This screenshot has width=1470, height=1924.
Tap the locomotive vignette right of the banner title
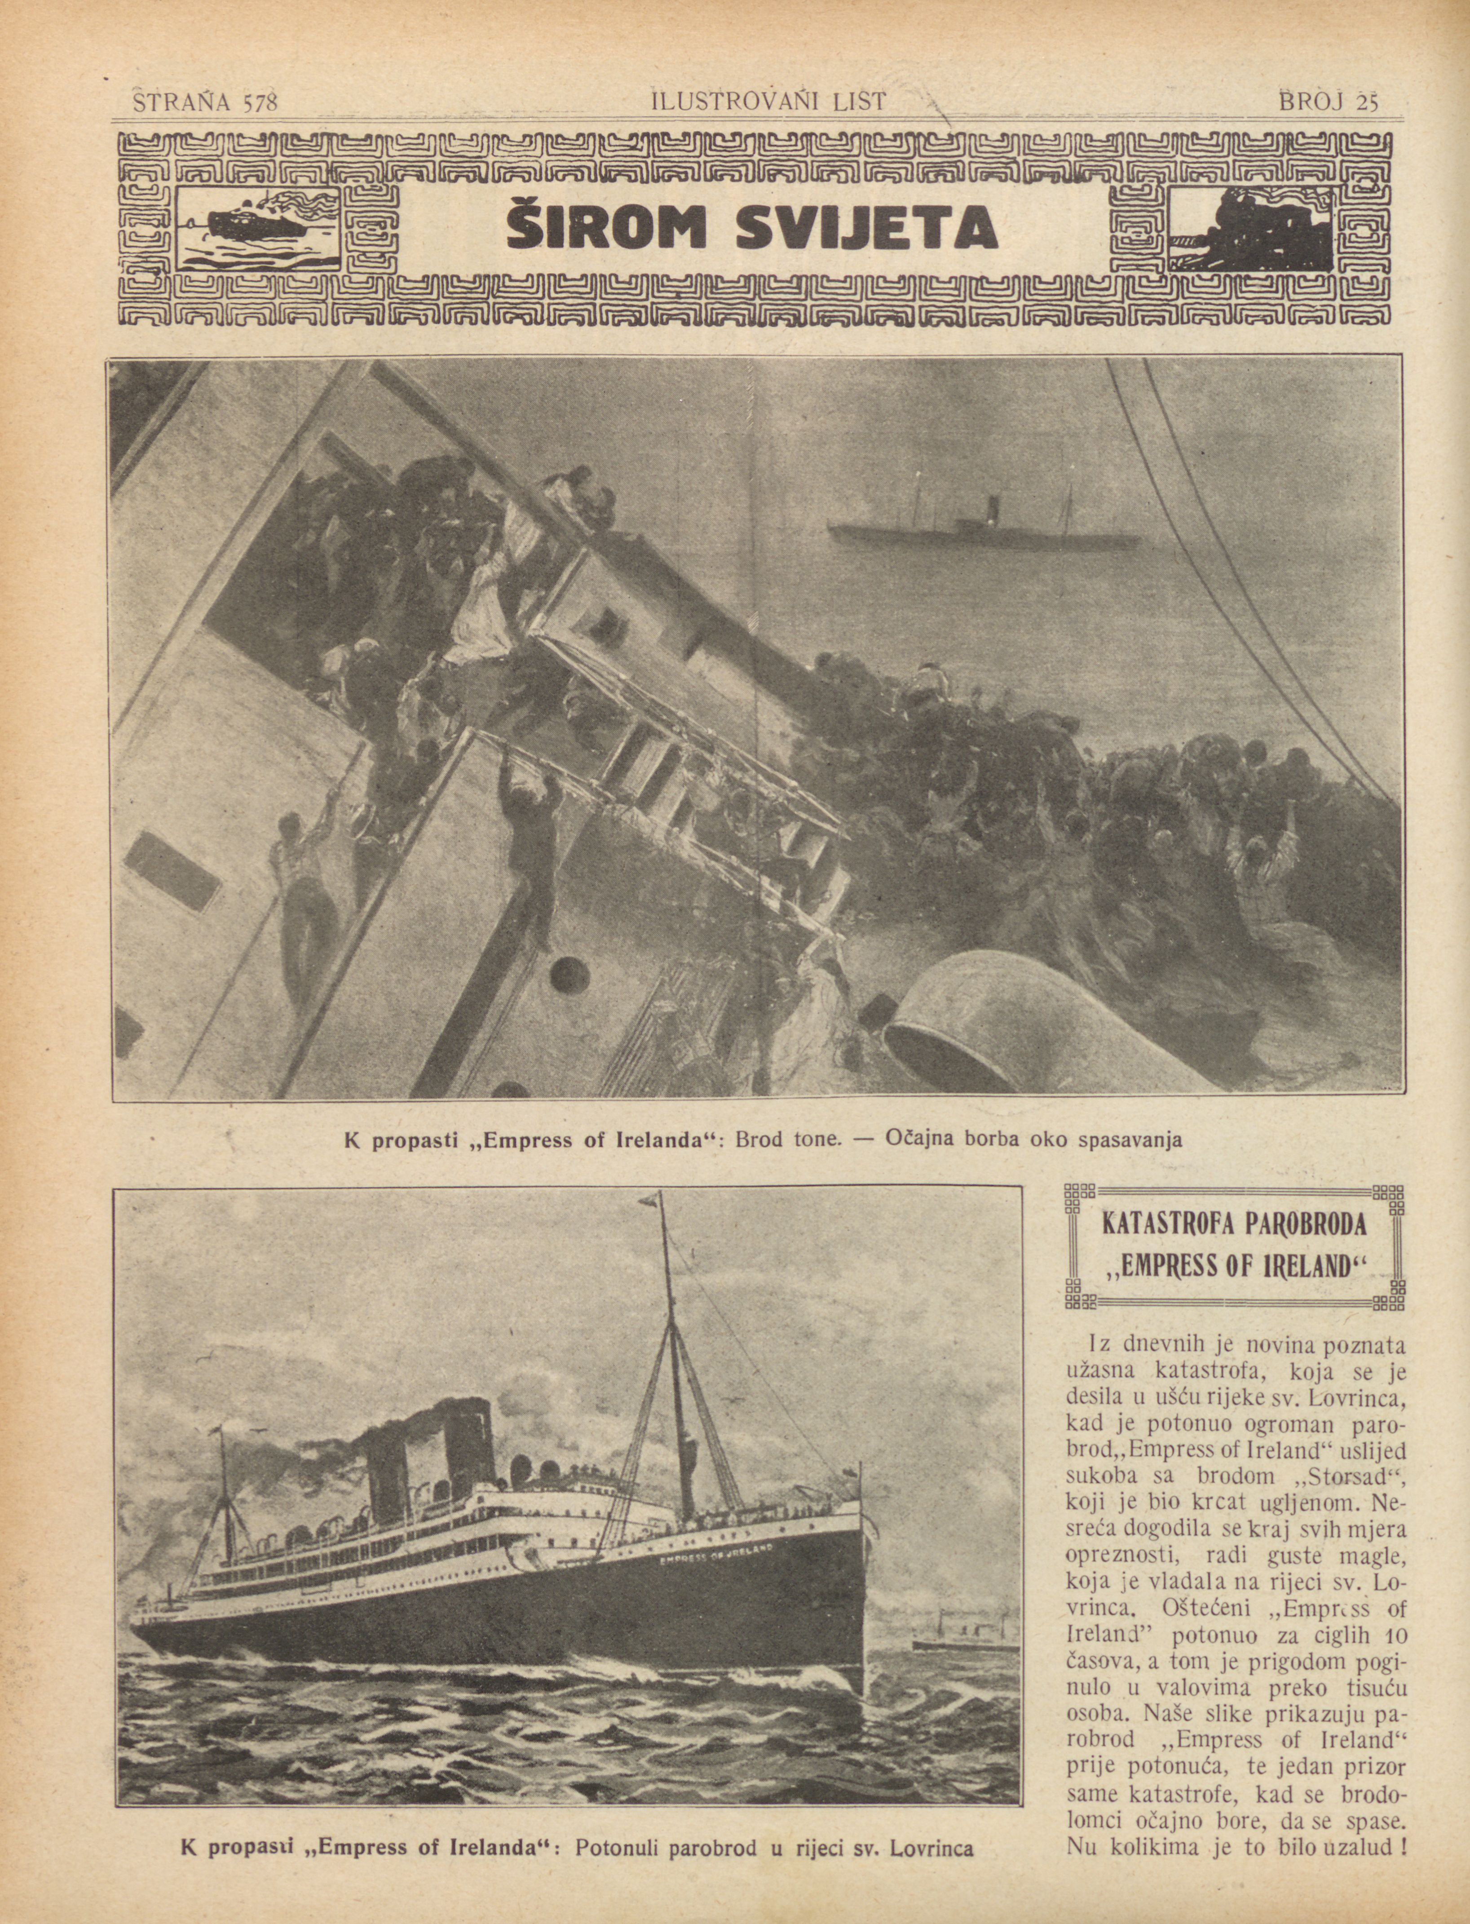(1251, 228)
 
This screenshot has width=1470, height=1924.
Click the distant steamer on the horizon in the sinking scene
(984, 530)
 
